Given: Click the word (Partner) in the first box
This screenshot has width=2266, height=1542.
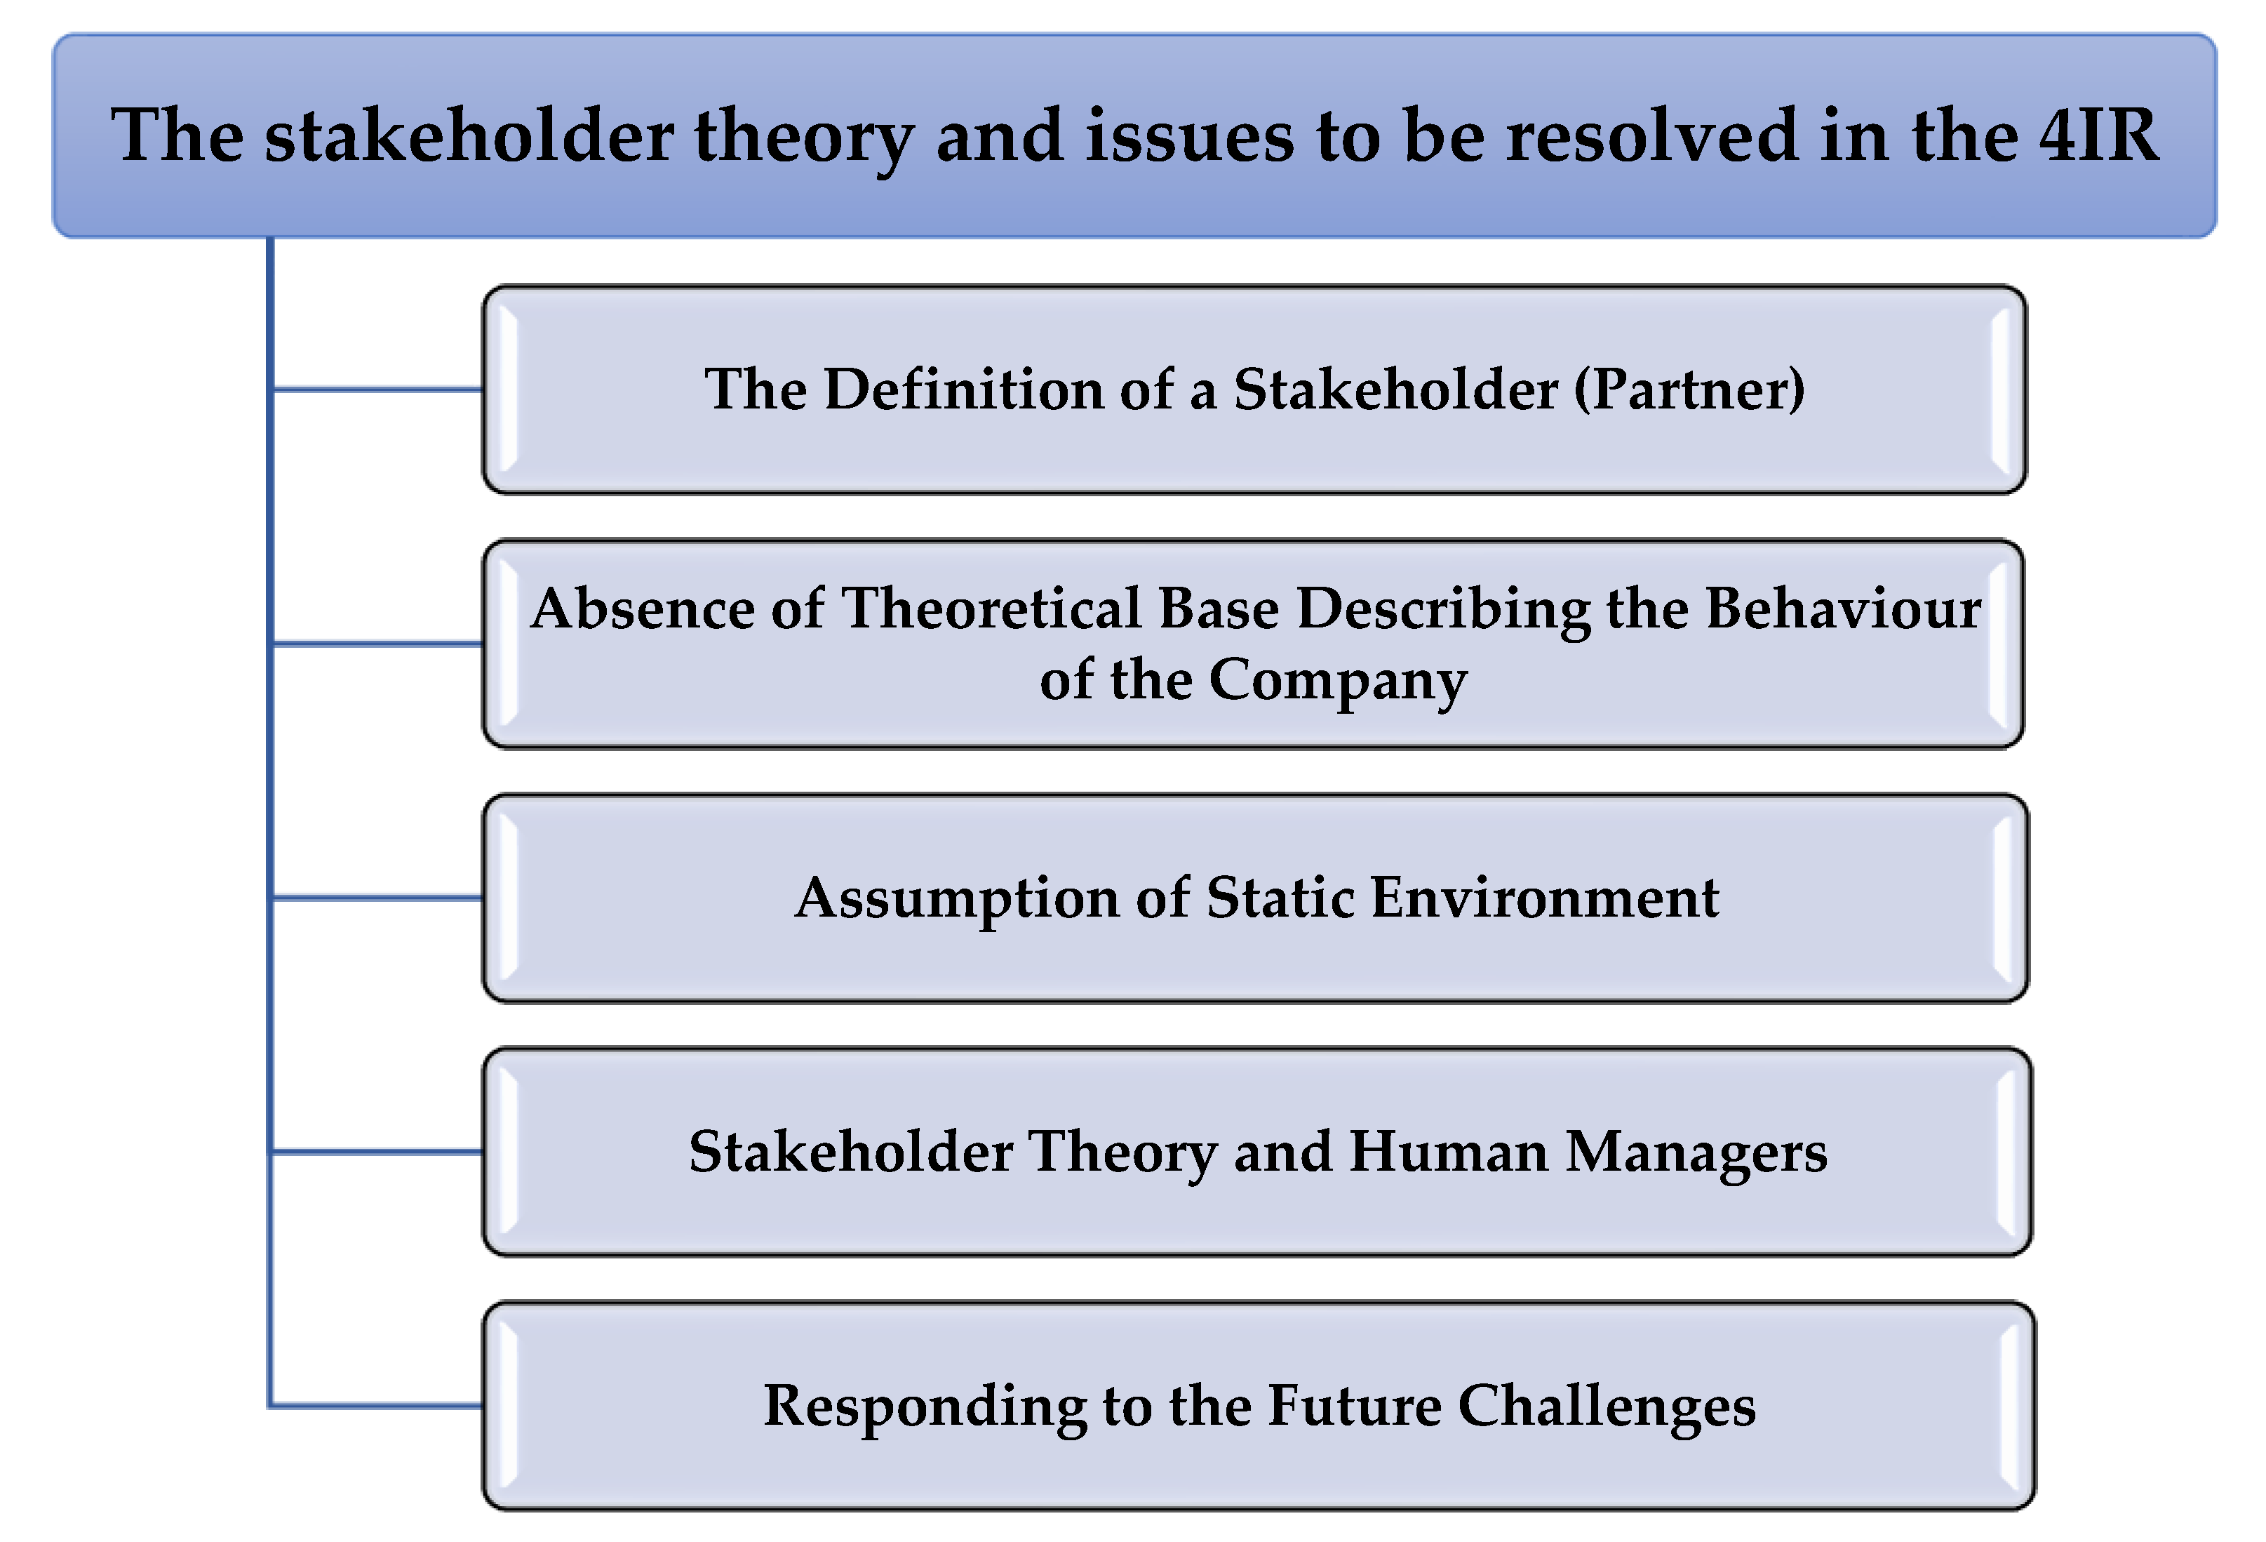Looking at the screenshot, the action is pos(1690,390).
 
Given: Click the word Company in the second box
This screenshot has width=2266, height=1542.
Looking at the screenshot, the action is pos(1338,682).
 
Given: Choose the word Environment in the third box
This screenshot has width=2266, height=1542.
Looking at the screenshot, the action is pos(1545,897).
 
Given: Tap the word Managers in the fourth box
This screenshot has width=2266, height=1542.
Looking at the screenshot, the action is pos(1696,1153).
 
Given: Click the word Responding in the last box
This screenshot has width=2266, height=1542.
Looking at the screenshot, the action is pos(925,1407).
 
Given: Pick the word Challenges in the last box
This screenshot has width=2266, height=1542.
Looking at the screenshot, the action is pos(1606,1407).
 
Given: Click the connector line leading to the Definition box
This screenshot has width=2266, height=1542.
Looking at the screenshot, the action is pos(378,390).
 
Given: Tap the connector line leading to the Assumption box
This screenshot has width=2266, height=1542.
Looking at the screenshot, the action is pos(378,897).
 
